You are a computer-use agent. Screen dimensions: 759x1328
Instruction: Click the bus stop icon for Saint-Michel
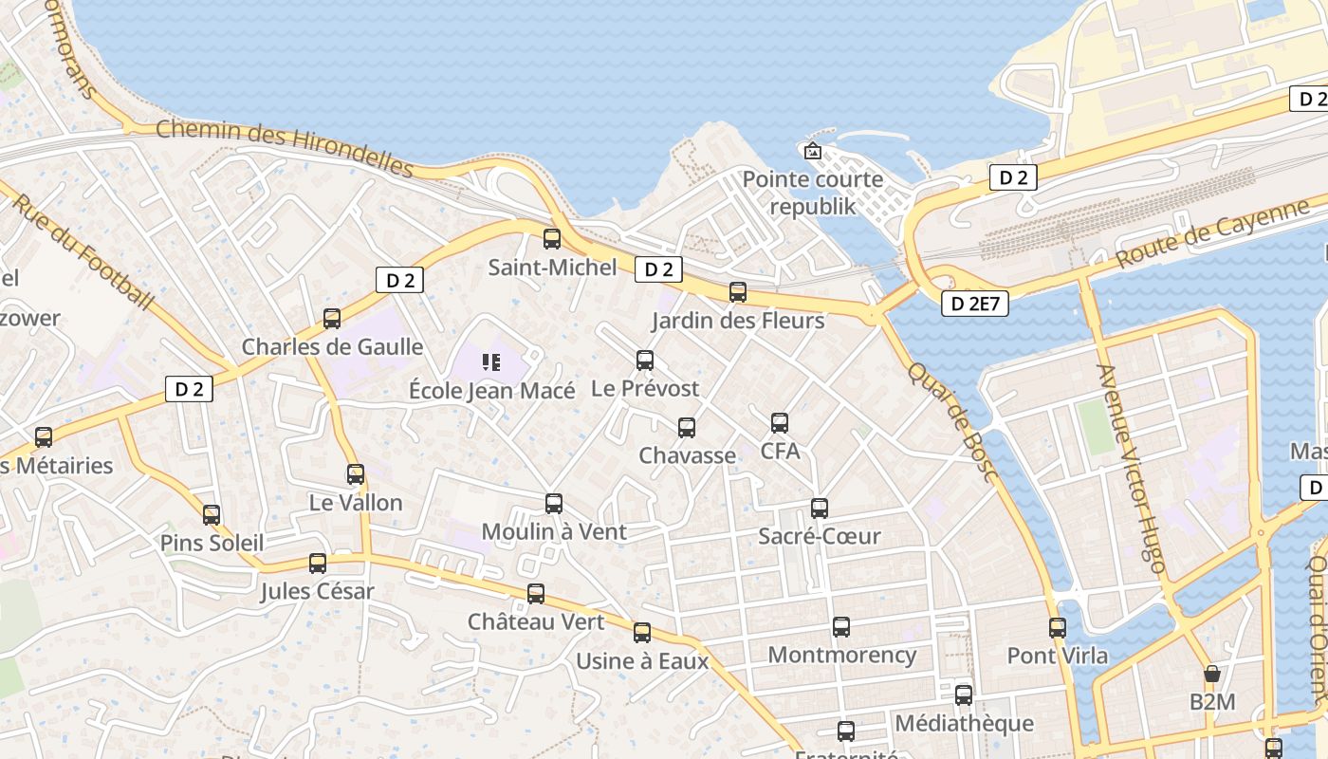point(551,239)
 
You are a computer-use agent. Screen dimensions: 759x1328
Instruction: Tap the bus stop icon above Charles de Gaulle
point(332,319)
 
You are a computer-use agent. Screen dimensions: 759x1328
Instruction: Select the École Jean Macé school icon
point(490,361)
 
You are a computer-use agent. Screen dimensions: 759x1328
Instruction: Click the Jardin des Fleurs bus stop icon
point(738,292)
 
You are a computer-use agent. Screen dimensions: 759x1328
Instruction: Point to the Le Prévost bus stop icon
point(645,361)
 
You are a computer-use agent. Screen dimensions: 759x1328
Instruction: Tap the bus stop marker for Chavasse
point(687,428)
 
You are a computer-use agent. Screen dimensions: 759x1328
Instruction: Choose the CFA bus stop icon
point(780,423)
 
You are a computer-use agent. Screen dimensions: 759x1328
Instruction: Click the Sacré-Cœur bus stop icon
point(820,509)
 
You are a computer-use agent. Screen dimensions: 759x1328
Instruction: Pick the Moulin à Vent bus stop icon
point(554,504)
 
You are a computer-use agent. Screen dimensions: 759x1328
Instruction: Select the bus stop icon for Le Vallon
point(356,474)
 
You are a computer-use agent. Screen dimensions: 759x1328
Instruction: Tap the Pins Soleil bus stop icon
point(212,515)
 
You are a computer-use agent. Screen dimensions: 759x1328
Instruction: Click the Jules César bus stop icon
point(318,564)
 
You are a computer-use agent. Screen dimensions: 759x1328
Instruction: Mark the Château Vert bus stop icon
point(536,594)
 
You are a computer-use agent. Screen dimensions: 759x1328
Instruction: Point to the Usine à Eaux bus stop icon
point(642,633)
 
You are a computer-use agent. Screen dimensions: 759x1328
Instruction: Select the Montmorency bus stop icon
point(841,627)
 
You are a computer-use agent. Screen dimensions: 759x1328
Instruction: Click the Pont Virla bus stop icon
point(1058,627)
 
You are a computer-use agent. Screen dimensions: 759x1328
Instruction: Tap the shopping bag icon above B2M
point(1211,675)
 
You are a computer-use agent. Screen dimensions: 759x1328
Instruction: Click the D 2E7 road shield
point(974,304)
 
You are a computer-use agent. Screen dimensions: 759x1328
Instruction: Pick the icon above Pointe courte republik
point(813,151)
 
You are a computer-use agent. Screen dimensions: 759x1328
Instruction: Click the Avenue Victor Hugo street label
point(1130,469)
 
